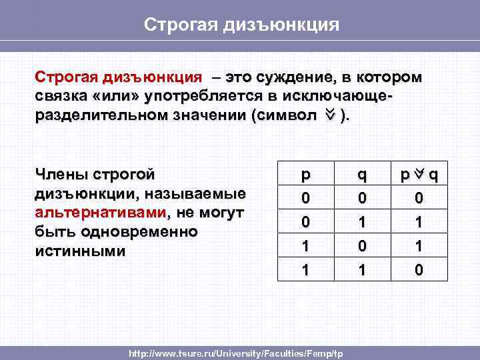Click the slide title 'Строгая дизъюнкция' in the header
tap(242, 25)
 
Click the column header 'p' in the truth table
tap(305, 175)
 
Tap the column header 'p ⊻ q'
tap(419, 175)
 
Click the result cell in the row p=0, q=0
tap(419, 199)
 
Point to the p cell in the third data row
tap(305, 245)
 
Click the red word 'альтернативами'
tap(100, 213)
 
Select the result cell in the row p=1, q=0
tap(419, 245)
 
